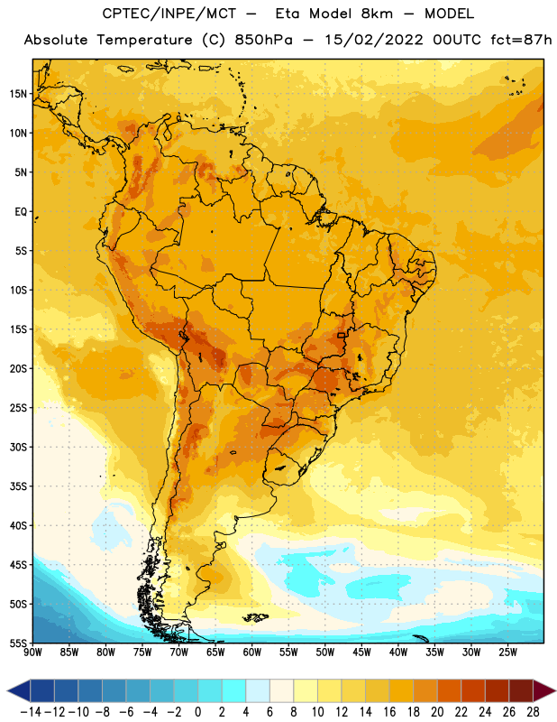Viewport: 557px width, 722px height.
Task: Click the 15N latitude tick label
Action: (x=18, y=94)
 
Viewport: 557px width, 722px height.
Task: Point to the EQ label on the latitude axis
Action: (x=21, y=212)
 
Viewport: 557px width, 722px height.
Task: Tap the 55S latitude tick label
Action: (x=18, y=643)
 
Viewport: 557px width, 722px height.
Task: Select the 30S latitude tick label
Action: (x=18, y=447)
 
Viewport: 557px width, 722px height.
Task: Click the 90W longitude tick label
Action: (x=32, y=653)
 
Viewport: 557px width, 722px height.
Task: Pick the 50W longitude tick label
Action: (x=325, y=653)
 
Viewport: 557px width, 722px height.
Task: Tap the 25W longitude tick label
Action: (x=507, y=653)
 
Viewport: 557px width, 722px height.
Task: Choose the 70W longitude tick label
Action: (x=179, y=653)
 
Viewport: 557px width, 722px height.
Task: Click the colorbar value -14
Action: (x=31, y=712)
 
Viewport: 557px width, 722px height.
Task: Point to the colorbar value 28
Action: (x=533, y=712)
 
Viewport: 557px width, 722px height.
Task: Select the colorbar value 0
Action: (x=197, y=712)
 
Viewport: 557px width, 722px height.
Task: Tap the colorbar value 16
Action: (x=389, y=712)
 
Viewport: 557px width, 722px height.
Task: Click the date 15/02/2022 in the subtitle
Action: (x=374, y=40)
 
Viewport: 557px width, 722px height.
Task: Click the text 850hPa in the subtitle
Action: (x=263, y=40)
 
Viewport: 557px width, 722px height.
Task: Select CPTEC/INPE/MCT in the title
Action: (x=169, y=14)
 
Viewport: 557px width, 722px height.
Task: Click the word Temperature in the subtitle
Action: (x=144, y=40)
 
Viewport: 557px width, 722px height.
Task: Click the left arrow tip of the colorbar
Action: (x=7, y=691)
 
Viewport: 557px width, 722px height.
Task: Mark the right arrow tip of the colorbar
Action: (x=555, y=691)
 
